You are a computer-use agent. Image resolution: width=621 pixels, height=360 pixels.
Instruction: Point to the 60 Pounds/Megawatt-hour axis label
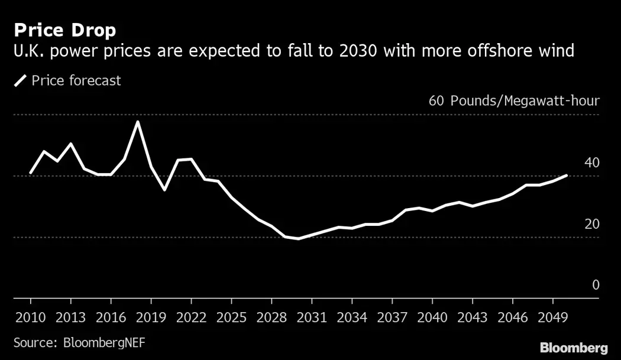(x=514, y=100)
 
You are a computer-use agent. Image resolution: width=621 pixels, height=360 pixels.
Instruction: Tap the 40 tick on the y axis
(x=592, y=163)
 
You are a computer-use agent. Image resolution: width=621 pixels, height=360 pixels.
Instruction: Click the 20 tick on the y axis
(x=592, y=224)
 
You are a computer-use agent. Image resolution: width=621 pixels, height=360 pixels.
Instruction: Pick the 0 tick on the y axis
(x=596, y=285)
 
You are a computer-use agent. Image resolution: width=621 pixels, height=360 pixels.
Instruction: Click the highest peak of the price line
(x=138, y=122)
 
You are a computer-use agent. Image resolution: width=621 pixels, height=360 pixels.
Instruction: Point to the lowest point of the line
(x=298, y=239)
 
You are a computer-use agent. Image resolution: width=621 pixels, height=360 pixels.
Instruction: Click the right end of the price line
(x=567, y=176)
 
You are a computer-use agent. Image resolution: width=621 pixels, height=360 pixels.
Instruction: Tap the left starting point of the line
(x=31, y=173)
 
